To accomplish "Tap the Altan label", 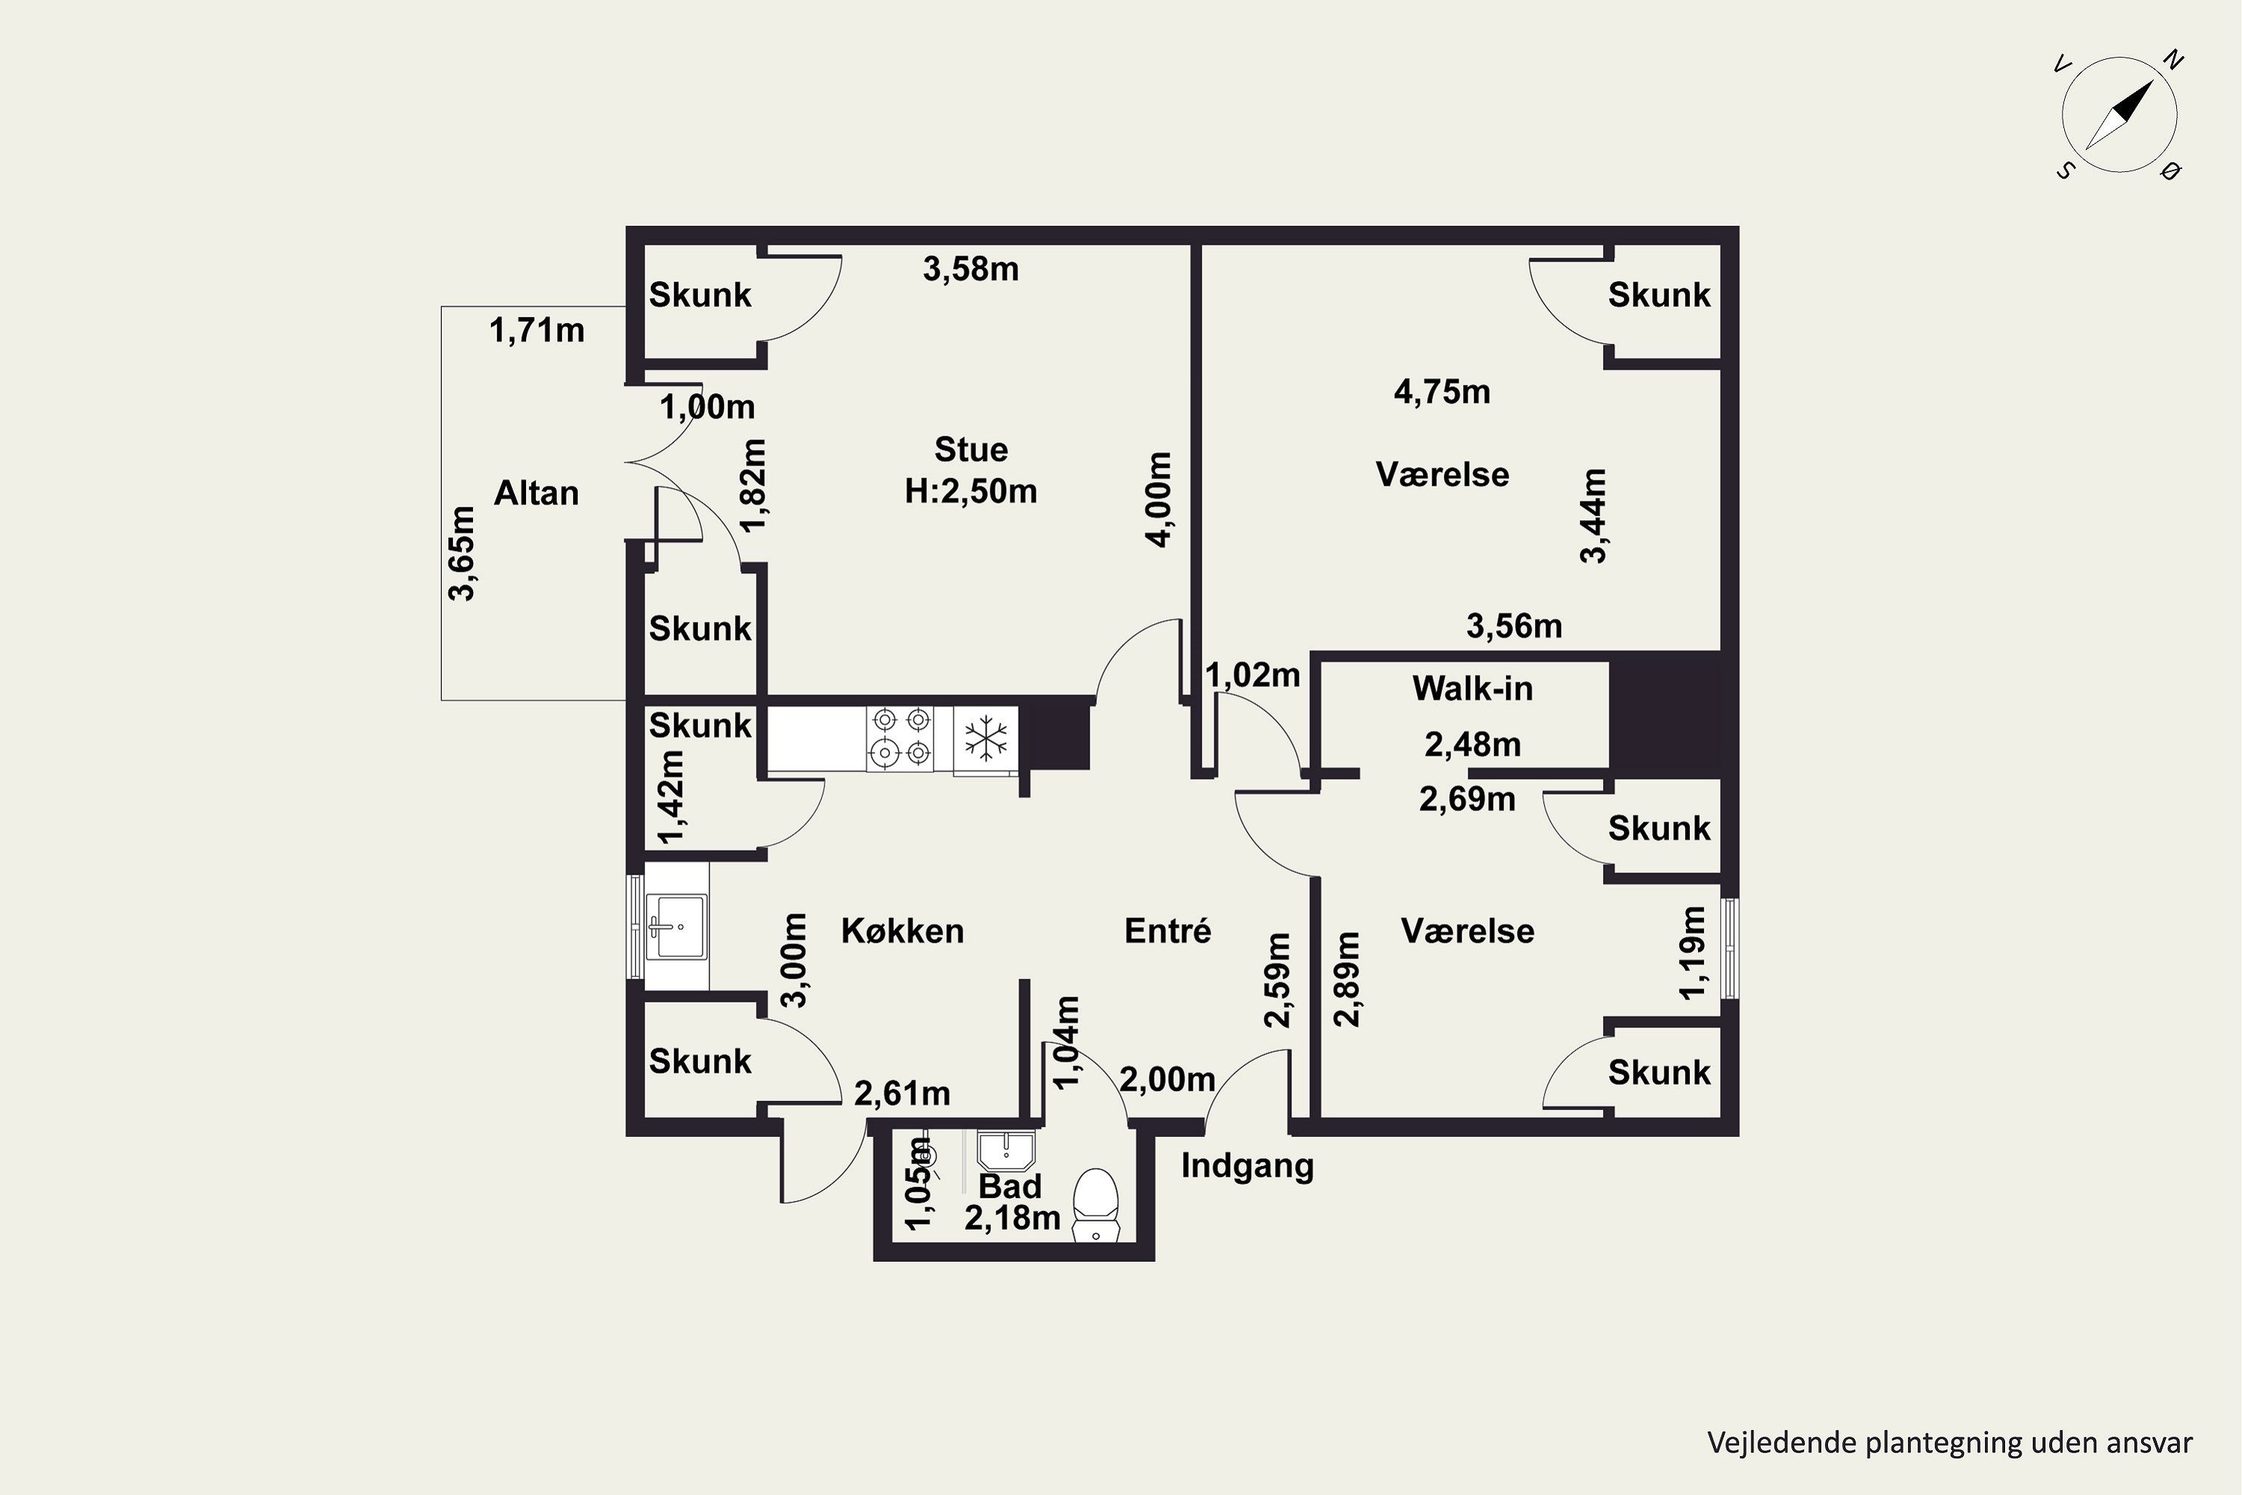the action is click(x=537, y=493).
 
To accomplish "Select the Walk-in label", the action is click(x=1473, y=688).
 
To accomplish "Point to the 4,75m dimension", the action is click(x=1442, y=392).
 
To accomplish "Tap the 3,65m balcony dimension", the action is click(x=463, y=553).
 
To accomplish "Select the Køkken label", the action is click(x=903, y=931).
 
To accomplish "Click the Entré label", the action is click(x=1167, y=931).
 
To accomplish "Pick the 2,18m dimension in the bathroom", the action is click(x=1013, y=1218).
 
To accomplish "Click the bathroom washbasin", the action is click(x=1007, y=1151).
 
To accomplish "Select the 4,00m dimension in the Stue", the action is click(x=1158, y=499).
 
